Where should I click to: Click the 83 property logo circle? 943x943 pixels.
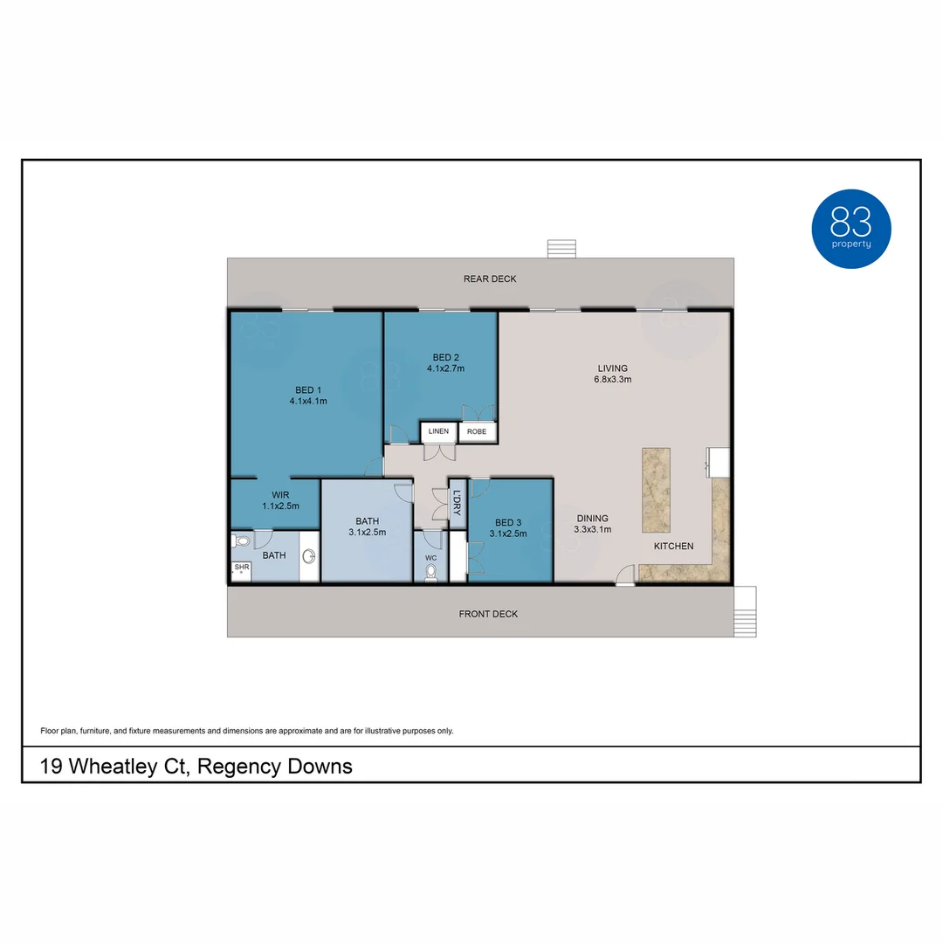tap(851, 228)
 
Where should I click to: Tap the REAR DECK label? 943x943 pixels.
tap(490, 279)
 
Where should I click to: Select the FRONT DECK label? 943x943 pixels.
tap(488, 614)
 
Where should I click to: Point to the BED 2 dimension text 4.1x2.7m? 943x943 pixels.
tap(445, 368)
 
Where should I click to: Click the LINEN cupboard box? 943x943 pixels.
tap(438, 431)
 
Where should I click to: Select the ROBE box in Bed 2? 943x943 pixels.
tap(477, 431)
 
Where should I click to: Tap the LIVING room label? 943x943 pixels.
tap(612, 368)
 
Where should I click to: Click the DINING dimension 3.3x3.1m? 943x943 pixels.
tap(592, 529)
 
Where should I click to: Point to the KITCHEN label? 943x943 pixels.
tap(674, 547)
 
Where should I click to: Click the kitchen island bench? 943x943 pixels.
tap(656, 491)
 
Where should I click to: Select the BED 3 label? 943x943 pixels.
tap(507, 521)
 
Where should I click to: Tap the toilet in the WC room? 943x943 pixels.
tap(430, 572)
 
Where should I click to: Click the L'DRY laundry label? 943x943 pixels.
tap(457, 502)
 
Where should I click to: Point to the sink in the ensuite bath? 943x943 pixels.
tap(308, 556)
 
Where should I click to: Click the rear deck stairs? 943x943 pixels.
tap(562, 249)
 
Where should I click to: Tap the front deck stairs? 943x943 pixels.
tap(745, 610)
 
